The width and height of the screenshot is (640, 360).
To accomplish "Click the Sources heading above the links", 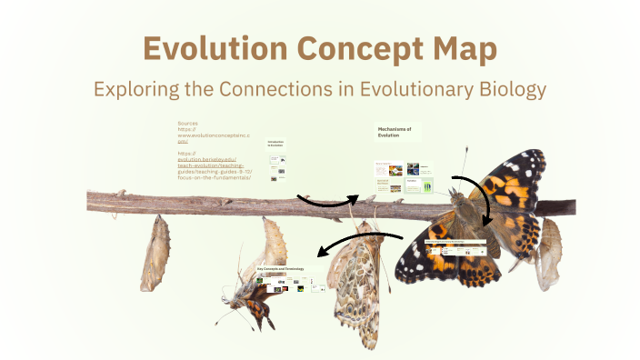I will tap(188, 123).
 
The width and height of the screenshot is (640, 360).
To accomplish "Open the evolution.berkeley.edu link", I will tap(206, 159).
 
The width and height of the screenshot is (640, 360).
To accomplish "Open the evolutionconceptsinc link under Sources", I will tap(206, 135).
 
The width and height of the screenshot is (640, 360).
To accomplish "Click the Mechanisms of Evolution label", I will tap(395, 133).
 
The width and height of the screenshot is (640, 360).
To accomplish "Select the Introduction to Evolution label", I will tap(276, 145).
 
